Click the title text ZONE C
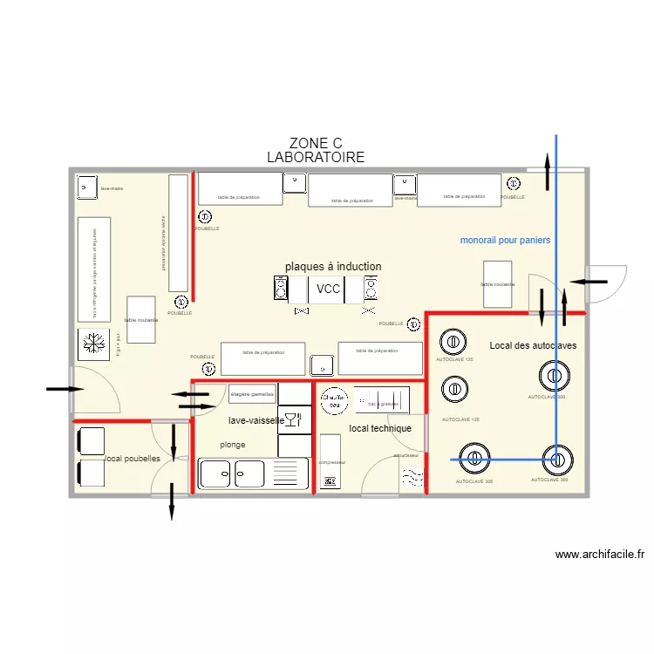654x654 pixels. click(315, 144)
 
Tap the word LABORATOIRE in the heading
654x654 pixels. click(315, 158)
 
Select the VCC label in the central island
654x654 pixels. click(328, 289)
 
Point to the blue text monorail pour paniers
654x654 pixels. click(505, 240)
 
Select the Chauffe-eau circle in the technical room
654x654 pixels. click(332, 400)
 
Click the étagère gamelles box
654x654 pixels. click(252, 395)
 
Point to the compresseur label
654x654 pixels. click(331, 462)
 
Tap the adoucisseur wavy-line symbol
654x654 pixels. click(412, 477)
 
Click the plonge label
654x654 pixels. click(232, 445)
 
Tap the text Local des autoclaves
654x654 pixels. click(533, 346)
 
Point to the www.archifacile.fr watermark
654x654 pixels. click(599, 554)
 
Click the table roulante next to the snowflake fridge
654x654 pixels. click(141, 321)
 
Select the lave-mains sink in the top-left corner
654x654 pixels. click(86, 187)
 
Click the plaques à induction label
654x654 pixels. click(332, 267)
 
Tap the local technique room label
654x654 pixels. click(380, 429)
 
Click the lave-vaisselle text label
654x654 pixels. click(255, 420)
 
